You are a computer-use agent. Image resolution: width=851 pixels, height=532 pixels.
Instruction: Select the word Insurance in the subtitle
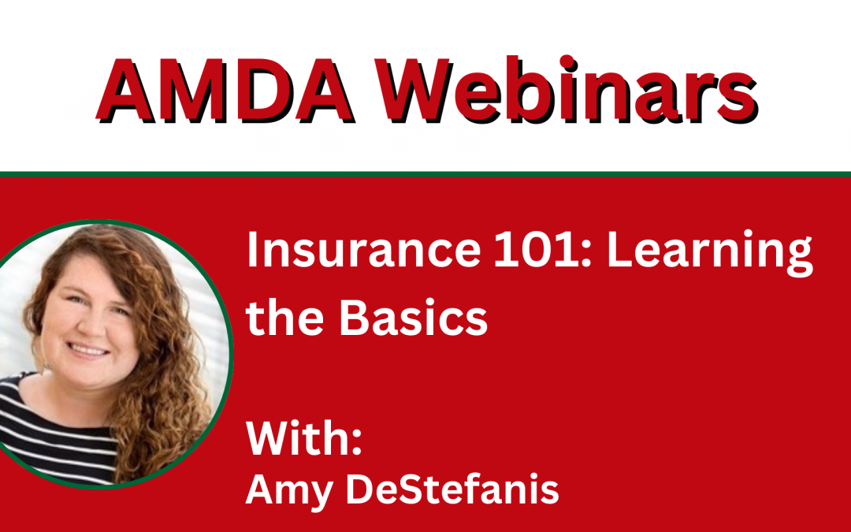pyautogui.click(x=363, y=250)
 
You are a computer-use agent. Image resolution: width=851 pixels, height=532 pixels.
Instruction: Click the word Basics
pyautogui.click(x=414, y=317)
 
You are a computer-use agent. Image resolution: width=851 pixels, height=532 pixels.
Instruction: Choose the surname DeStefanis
pyautogui.click(x=452, y=489)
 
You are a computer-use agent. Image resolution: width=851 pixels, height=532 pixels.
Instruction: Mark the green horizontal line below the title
pyautogui.click(x=425, y=174)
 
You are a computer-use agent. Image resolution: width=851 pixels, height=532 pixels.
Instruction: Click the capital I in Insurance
pyautogui.click(x=251, y=250)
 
